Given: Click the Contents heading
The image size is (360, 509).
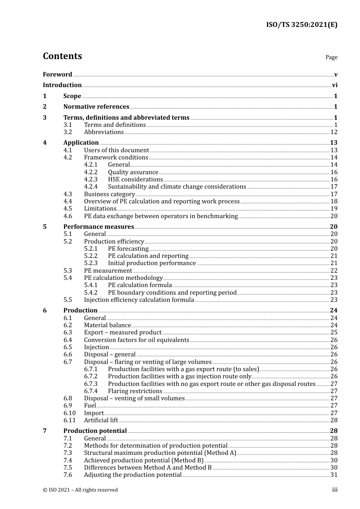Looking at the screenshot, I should tap(62, 56).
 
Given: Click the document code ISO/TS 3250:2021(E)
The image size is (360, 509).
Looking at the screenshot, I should tap(301, 25).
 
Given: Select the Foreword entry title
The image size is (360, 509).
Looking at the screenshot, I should tap(57, 75).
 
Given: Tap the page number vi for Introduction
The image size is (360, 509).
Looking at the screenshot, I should tap(334, 85).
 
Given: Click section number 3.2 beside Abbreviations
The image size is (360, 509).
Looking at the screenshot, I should tap(67, 132).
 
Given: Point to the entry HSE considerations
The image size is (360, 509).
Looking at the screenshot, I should tap(135, 180).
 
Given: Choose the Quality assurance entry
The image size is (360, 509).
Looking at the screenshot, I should tap(133, 172).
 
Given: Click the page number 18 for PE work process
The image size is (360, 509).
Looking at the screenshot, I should tap(333, 201).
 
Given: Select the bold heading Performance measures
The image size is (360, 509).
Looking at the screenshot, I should tap(99, 227).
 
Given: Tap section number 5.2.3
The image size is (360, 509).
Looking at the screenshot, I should tap(91, 263).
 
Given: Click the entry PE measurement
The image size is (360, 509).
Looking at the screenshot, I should tap(108, 271).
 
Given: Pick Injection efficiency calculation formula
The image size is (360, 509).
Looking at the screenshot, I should tap(139, 300).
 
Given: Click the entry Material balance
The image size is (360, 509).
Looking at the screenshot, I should tap(107, 325).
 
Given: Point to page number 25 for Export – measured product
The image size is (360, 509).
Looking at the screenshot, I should tap(333, 333).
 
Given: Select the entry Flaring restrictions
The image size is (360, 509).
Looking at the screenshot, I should tap(135, 391).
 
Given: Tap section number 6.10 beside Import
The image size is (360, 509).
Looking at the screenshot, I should tap(69, 413).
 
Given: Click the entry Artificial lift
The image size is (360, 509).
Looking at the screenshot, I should tap(101, 420).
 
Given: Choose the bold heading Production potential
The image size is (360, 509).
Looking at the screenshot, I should tap(95, 431).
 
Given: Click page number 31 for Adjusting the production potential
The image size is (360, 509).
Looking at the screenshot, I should tap(333, 475).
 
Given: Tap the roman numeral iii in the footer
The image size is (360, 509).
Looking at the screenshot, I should tap(335, 490).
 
